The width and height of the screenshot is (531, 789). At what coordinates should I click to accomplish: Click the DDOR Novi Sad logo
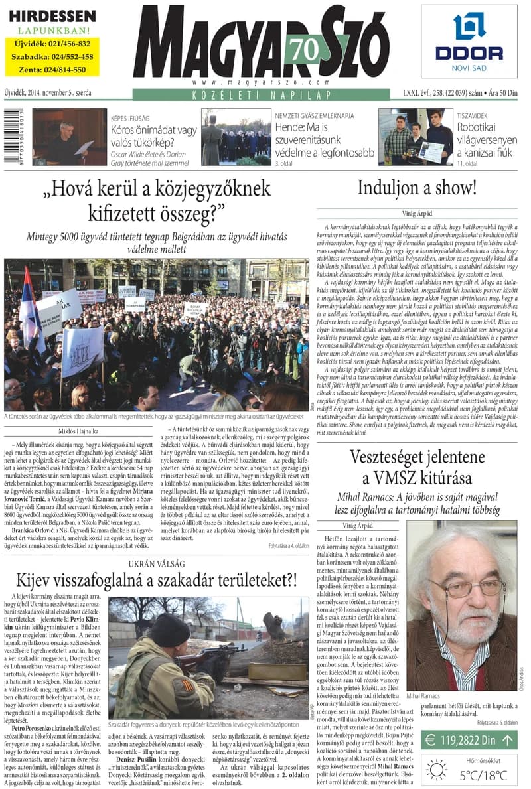(469, 41)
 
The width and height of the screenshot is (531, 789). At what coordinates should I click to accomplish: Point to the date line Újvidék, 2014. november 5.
(47, 93)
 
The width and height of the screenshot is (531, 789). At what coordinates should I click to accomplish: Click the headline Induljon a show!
(417, 188)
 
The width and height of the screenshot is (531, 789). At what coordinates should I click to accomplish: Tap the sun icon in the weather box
(437, 770)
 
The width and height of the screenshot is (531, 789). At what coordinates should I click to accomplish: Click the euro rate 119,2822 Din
(467, 740)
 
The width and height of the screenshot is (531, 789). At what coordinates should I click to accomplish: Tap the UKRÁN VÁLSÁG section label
(156, 564)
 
